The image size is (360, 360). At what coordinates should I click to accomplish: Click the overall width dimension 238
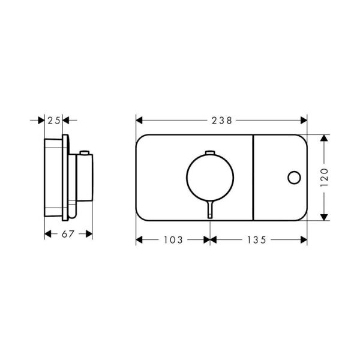pos(222,120)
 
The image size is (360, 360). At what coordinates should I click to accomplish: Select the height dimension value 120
pos(324,178)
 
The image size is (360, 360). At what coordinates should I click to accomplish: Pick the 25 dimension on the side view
pos(54,120)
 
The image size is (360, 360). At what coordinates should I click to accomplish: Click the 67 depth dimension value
pos(68,234)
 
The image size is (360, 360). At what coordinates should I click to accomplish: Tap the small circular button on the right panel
pos(293,178)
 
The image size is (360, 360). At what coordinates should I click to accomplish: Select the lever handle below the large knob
pos(209,210)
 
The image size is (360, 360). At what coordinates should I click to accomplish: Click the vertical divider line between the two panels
pos(252,178)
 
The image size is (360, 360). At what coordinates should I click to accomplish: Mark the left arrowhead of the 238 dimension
pos(139,120)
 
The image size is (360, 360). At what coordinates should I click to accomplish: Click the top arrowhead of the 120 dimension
pos(324,137)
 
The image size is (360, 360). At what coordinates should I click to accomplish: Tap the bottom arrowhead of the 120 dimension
pos(324,218)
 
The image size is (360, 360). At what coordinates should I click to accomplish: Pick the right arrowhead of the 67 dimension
pos(89,234)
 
